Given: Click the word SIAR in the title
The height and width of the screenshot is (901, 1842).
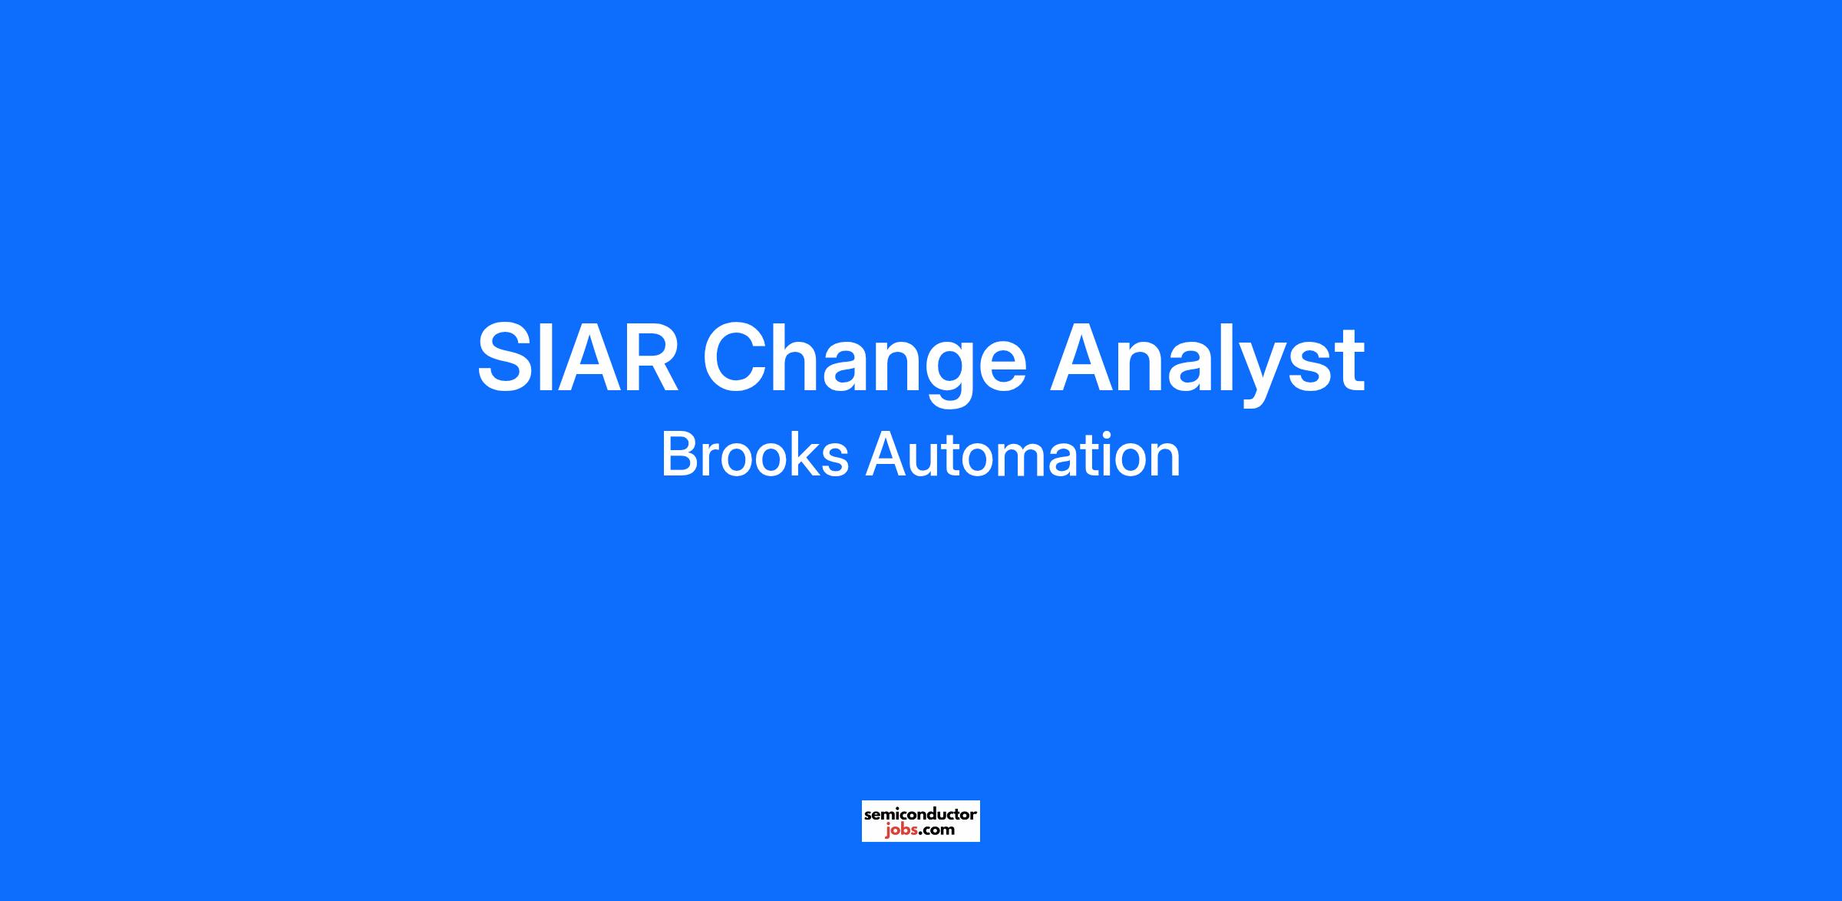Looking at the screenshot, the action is click(578, 358).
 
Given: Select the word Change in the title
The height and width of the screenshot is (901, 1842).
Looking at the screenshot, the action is click(864, 363).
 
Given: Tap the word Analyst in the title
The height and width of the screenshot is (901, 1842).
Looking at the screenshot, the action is click(1207, 363).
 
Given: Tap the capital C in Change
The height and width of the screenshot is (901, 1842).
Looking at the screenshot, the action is click(735, 358).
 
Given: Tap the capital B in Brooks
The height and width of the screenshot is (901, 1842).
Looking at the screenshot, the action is click(678, 455).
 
